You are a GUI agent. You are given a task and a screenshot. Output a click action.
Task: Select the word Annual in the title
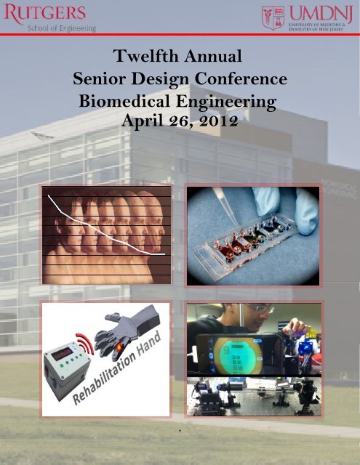pyautogui.click(x=218, y=55)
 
